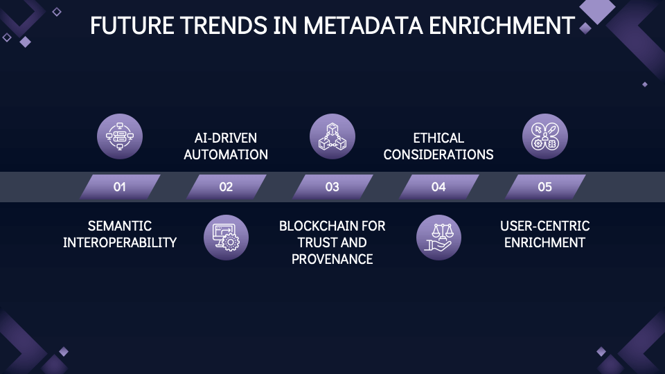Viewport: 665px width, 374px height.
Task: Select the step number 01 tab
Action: (120, 187)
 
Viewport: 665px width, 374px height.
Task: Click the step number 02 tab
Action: (226, 187)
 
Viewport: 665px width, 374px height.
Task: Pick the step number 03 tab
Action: (332, 187)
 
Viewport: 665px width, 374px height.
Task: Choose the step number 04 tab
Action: (438, 187)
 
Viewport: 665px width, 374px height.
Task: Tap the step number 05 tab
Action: (545, 187)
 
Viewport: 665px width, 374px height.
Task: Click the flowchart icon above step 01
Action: (120, 136)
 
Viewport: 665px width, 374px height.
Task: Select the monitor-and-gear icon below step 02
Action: (226, 238)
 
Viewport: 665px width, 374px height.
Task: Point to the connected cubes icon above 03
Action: (332, 136)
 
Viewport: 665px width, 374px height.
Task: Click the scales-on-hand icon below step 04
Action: (438, 238)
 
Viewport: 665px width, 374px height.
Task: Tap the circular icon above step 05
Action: (545, 136)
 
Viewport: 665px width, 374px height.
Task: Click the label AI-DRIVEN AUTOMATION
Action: (226, 146)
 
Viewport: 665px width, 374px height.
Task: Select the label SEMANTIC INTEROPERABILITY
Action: (120, 234)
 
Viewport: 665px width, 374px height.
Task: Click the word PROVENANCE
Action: (332, 259)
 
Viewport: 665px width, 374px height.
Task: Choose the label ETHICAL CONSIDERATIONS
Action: (438, 146)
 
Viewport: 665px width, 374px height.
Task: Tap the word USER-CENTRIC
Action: (545, 226)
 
